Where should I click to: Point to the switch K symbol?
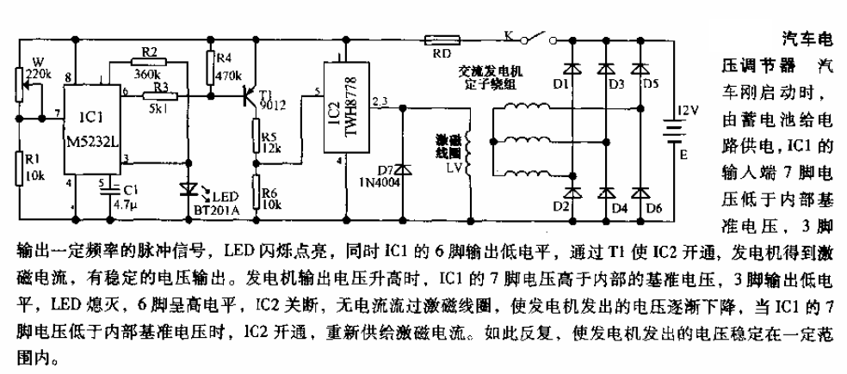534,37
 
